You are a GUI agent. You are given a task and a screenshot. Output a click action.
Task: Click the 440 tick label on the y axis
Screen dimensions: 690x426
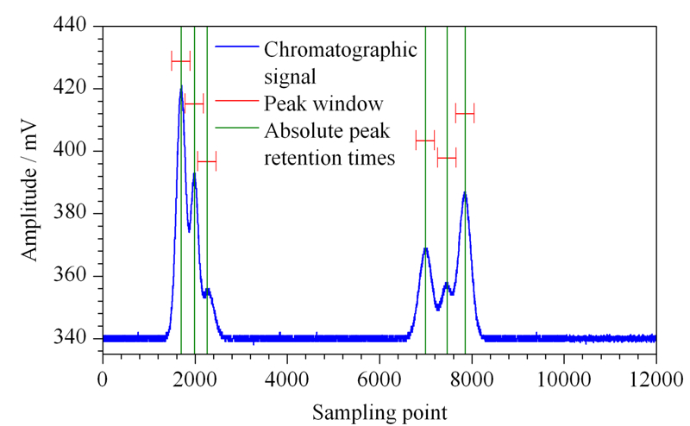70,26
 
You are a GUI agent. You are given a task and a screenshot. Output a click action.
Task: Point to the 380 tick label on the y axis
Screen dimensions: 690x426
70,213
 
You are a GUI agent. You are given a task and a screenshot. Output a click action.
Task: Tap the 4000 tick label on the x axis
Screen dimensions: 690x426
287,379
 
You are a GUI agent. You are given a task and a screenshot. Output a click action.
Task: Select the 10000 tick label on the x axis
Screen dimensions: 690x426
564,379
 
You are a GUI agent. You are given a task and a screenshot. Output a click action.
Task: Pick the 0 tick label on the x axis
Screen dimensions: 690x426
103,379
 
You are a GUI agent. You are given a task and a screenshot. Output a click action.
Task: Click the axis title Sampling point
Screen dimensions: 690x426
379,413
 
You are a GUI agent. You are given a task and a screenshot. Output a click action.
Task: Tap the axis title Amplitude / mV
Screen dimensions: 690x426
30,190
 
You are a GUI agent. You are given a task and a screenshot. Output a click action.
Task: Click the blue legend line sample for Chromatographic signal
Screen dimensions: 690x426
236,46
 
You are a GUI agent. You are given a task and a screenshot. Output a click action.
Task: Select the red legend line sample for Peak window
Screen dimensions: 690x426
236,100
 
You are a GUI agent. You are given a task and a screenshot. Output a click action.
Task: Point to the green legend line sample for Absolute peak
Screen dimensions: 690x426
236,128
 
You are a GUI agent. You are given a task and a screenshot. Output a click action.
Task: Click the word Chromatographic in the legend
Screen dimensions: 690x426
341,50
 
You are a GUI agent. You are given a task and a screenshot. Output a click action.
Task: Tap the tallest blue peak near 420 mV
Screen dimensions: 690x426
181,86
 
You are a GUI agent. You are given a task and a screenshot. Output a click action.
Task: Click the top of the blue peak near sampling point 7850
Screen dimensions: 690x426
465,193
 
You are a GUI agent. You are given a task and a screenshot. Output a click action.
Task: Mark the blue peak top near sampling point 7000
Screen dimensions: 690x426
425,249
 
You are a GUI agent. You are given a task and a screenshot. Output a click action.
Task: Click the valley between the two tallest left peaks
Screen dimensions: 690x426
189,231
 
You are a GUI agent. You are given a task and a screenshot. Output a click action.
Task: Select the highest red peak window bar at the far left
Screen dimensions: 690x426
180,60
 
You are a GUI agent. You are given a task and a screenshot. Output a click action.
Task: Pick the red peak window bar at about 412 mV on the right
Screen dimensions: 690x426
465,114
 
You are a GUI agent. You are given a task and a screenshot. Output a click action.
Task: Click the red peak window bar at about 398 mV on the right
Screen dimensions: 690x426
447,158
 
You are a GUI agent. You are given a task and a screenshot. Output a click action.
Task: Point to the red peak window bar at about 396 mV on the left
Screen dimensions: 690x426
207,161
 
